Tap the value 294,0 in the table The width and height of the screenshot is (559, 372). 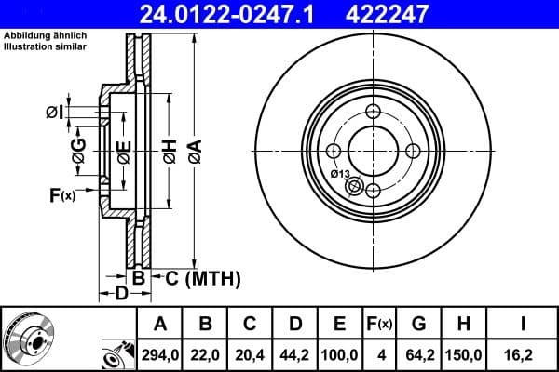tap(159, 353)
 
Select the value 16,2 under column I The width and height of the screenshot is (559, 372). tap(525, 353)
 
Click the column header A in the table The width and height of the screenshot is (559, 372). tap(159, 324)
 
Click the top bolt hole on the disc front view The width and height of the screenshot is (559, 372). tap(374, 113)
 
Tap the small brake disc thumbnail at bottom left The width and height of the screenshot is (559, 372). tap(29, 339)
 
